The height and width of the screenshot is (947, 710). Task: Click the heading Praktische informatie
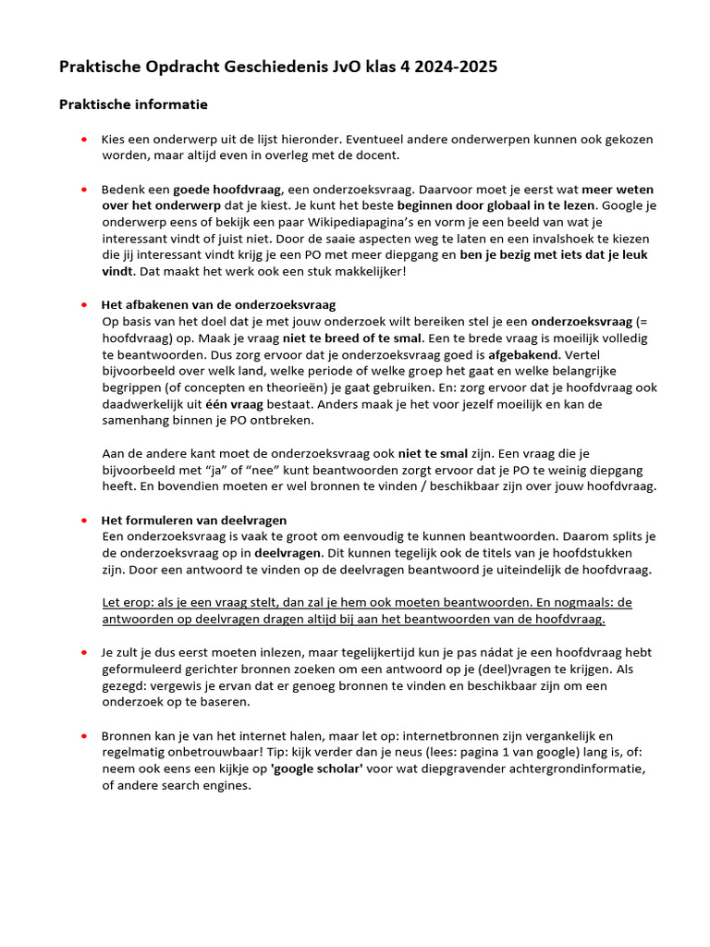point(133,105)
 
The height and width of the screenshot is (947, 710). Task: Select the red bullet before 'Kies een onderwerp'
point(82,140)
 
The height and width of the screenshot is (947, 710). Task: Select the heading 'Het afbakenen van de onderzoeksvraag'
point(218,304)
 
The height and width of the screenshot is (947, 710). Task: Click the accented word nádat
point(435,653)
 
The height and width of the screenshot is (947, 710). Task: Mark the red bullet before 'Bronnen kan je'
point(82,736)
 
